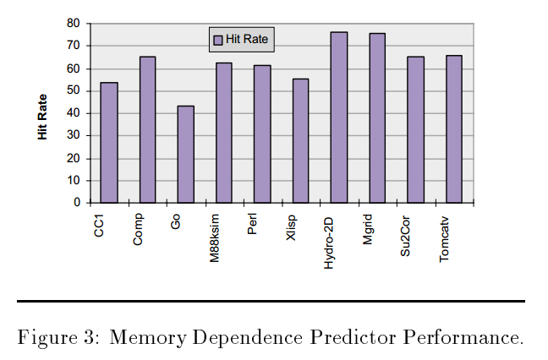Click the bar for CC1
tap(109, 143)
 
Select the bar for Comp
tap(147, 129)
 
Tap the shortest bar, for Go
tap(185, 155)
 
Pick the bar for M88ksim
tap(224, 133)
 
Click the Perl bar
tap(262, 134)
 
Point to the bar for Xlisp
tap(300, 140)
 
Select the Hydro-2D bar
tap(338, 117)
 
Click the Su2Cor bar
tap(415, 129)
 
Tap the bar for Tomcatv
tap(454, 129)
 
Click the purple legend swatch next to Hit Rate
tap(217, 40)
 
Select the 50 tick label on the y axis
tap(74, 90)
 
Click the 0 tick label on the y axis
tap(77, 203)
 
